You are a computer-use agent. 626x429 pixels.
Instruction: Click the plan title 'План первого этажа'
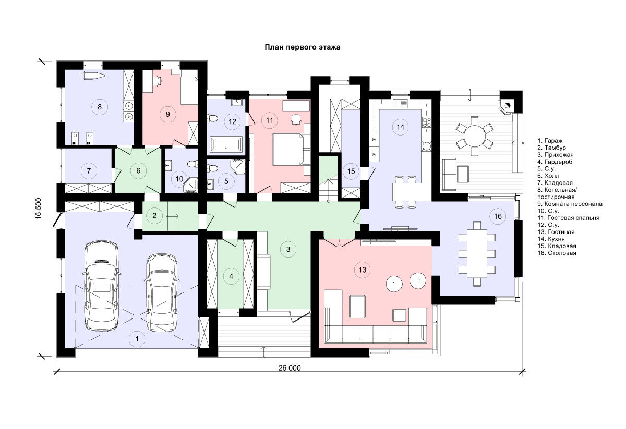click(x=303, y=47)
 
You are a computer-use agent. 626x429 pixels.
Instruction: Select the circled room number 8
click(x=100, y=107)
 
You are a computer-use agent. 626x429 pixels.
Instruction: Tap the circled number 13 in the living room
click(x=362, y=270)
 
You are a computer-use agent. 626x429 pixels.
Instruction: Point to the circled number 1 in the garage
click(x=137, y=339)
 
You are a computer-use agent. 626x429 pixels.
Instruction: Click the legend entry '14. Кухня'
click(x=550, y=239)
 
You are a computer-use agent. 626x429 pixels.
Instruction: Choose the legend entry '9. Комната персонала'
click(x=570, y=204)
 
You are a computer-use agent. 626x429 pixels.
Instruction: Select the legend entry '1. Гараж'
click(x=549, y=141)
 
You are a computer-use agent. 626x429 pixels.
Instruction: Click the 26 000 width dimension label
click(x=290, y=368)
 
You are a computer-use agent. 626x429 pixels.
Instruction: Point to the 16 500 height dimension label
click(x=39, y=209)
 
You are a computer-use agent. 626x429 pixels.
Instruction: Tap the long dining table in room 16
click(x=477, y=254)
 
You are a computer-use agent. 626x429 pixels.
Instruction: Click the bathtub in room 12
click(x=226, y=145)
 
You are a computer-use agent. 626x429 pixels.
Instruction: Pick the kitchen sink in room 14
click(x=401, y=104)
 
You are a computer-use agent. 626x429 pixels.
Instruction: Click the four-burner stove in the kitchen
click(x=427, y=122)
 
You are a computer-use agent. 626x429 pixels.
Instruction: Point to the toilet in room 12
click(x=213, y=119)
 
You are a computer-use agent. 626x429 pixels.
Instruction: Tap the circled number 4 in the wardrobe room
click(x=231, y=276)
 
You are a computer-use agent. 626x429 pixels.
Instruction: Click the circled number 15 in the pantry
click(x=351, y=171)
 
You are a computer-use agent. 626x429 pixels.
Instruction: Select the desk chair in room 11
click(x=296, y=119)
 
